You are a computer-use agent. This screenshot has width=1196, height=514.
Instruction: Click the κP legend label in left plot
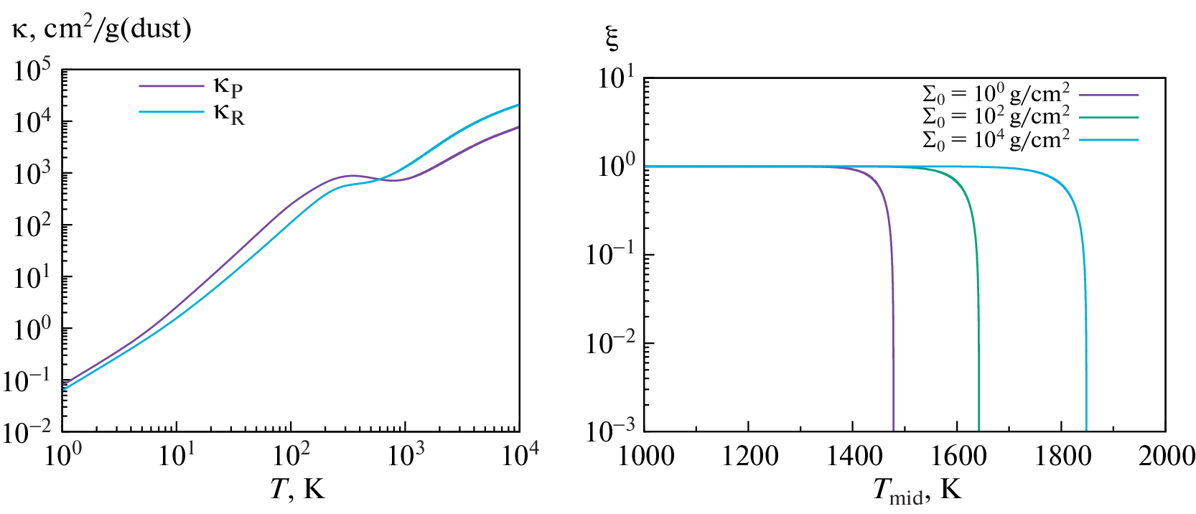[228, 87]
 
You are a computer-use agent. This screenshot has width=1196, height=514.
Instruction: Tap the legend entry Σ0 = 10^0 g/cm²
[995, 93]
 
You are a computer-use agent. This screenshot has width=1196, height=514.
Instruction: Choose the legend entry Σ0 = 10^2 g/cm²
[995, 116]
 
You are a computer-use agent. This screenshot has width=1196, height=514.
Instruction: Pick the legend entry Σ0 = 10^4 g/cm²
[995, 139]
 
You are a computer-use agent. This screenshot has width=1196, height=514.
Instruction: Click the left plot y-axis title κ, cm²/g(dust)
[102, 29]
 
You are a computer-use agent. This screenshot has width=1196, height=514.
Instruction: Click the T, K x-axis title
[297, 489]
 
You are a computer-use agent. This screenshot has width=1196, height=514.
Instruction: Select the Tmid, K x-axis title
[917, 490]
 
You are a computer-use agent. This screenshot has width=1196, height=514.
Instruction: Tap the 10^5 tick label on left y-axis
[32, 71]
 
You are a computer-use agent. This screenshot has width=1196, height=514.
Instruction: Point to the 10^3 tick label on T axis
[406, 454]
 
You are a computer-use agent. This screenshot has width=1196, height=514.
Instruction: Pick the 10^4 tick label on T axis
[520, 454]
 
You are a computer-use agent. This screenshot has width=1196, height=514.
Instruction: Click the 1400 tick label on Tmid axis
[853, 456]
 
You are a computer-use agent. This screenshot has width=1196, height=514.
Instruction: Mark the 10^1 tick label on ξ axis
[616, 77]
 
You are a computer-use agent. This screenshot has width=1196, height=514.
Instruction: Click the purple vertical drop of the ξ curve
[893, 323]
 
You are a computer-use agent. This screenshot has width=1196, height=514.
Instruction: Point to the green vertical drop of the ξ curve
[978, 323]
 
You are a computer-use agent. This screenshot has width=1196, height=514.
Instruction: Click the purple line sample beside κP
[172, 86]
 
